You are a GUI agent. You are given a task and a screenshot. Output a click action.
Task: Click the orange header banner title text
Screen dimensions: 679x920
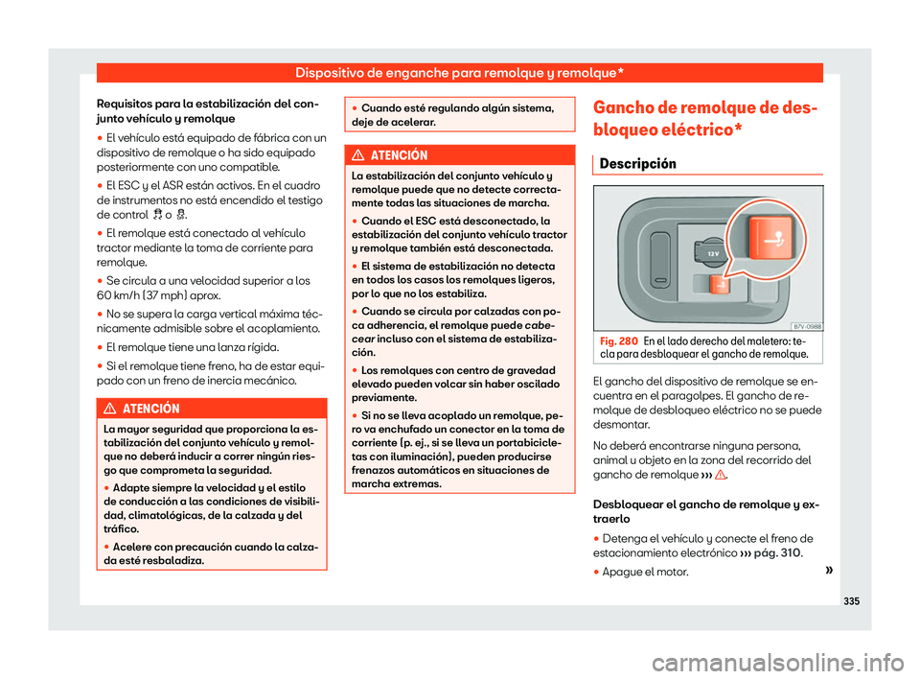point(459,72)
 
